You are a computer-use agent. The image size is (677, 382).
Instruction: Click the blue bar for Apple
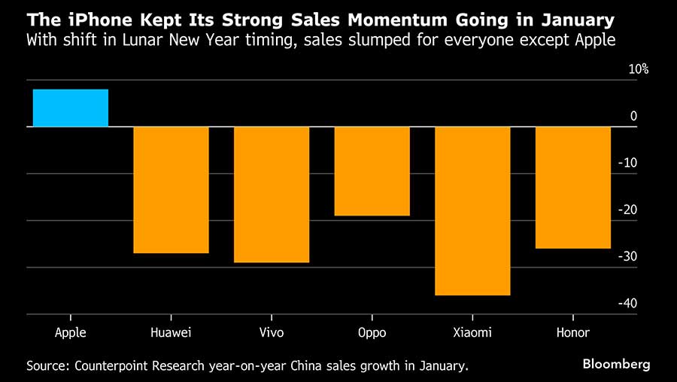[x=71, y=108]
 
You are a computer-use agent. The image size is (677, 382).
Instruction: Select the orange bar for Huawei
[x=171, y=190]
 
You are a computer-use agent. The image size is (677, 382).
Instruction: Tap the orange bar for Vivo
[x=272, y=194]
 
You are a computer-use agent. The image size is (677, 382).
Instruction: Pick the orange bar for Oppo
[x=372, y=171]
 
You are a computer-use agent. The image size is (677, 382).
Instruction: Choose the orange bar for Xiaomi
[x=472, y=211]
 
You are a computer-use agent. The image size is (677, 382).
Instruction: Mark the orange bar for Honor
[x=572, y=187]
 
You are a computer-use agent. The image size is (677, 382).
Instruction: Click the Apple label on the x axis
[x=71, y=332]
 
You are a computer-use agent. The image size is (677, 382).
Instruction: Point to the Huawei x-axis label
[x=171, y=332]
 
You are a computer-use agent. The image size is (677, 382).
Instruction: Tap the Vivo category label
[x=272, y=332]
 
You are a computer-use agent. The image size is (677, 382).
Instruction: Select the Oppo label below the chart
[x=372, y=332]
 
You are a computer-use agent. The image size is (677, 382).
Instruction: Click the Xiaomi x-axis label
[x=472, y=332]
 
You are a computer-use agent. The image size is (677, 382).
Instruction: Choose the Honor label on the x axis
[x=572, y=332]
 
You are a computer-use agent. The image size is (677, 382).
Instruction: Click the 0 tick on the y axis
[x=633, y=116]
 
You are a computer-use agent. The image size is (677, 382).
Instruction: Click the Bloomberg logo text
[x=617, y=365]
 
